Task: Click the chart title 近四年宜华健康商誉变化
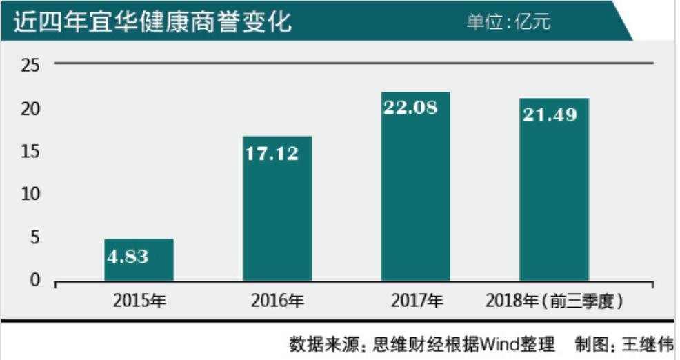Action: tap(152, 22)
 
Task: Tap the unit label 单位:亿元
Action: tap(508, 22)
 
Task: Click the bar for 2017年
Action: tap(415, 186)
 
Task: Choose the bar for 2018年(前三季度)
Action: tap(554, 190)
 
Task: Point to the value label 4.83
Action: tap(128, 256)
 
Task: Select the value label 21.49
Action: tap(549, 114)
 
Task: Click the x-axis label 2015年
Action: tap(139, 301)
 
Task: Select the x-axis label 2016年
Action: tap(277, 301)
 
